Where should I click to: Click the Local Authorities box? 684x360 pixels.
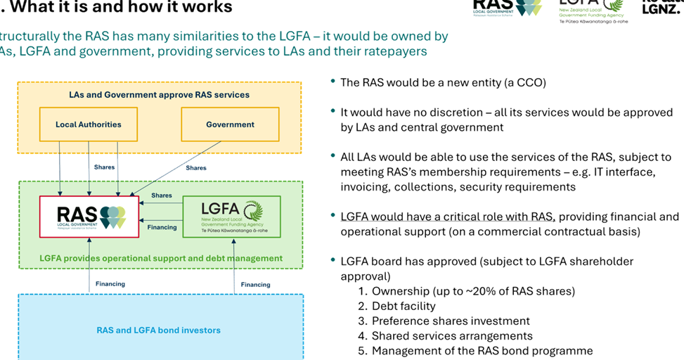tap(89, 124)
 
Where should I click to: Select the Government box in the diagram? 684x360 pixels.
tap(230, 124)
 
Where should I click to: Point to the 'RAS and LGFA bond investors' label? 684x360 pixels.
tap(158, 330)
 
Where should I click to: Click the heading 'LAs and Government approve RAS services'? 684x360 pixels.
tap(159, 94)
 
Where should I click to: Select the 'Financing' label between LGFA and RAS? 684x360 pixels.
tap(162, 227)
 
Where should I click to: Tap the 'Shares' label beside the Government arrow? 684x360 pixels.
tap(196, 168)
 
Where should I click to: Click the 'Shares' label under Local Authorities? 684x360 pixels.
tap(104, 167)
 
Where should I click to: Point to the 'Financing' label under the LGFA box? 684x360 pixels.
tap(255, 285)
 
